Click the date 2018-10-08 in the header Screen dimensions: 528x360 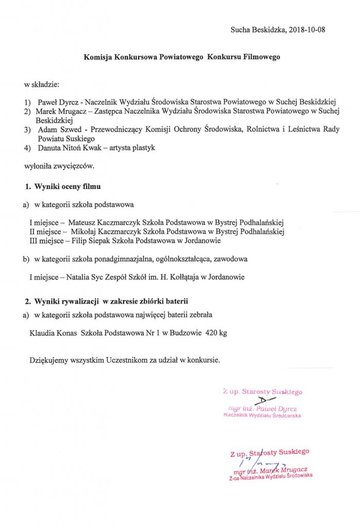307,30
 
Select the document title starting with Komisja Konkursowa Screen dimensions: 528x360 182,58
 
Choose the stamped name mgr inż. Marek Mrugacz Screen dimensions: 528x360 267,470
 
